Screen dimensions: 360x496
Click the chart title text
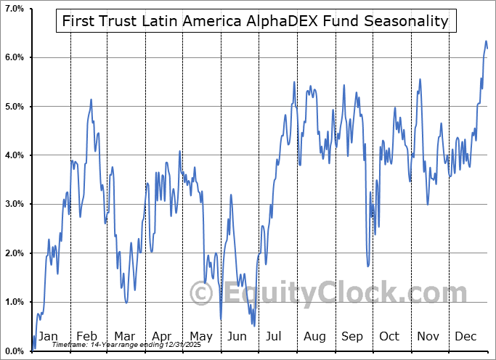[255, 21]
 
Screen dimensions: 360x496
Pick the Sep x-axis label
[352, 337]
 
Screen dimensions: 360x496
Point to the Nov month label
[428, 337]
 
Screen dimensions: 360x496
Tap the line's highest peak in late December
[486, 41]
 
